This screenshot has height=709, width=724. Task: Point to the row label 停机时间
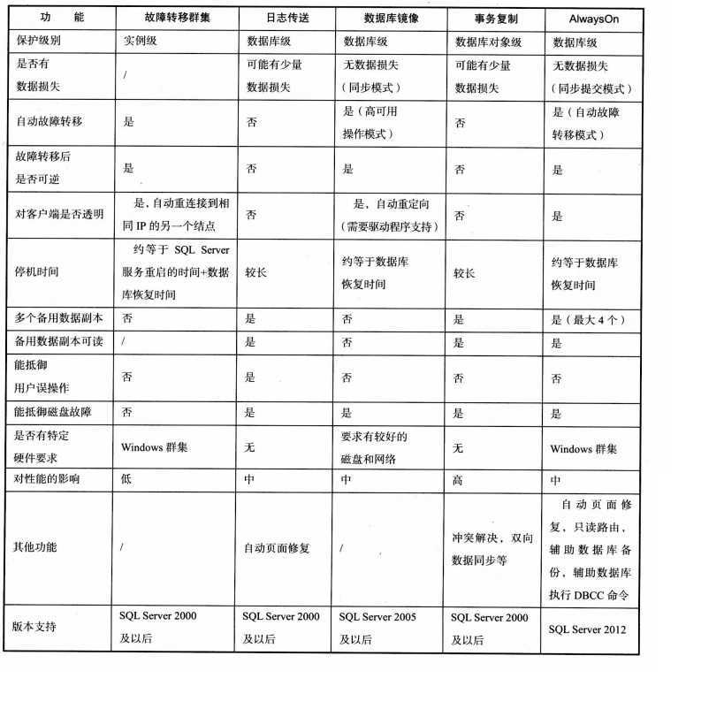pyautogui.click(x=37, y=272)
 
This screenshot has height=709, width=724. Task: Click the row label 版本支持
pyautogui.click(x=37, y=626)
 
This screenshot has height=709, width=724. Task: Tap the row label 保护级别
pyautogui.click(x=37, y=42)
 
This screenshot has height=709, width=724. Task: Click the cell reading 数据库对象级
pyautogui.click(x=488, y=42)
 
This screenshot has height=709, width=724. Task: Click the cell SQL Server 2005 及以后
pyautogui.click(x=377, y=627)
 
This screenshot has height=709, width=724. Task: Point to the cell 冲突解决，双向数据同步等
pyautogui.click(x=492, y=548)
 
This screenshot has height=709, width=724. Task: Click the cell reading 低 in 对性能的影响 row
pyautogui.click(x=127, y=479)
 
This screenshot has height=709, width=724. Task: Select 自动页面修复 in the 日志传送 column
pyautogui.click(x=277, y=548)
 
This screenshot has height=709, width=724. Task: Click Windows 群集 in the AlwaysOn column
pyautogui.click(x=583, y=449)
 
